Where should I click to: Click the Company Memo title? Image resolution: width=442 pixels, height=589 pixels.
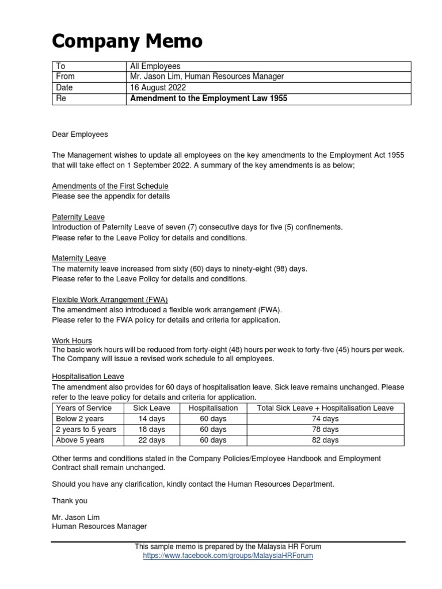pos(127,41)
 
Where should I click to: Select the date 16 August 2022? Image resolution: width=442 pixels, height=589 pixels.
pos(158,87)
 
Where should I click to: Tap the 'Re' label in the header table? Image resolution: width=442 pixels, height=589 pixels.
pos(60,99)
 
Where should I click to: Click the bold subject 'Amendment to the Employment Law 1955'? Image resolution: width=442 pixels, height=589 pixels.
pos(208,99)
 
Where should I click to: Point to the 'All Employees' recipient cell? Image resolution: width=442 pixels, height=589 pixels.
pos(155,67)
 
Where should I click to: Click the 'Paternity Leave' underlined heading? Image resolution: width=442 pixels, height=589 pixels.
pos(78,217)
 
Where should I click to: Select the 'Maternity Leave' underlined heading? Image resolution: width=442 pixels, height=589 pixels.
pos(79,258)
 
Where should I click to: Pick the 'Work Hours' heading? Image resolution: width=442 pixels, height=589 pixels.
pos(72,341)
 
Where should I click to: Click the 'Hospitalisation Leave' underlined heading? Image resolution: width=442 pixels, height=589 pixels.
pos(88,376)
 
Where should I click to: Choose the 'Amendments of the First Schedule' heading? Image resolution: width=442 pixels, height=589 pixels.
pos(110,186)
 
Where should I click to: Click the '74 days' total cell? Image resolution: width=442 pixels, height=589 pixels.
pos(326,419)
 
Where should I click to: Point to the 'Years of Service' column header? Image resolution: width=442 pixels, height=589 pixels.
pos(84,408)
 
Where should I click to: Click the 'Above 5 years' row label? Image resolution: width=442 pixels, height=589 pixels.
pos(80,441)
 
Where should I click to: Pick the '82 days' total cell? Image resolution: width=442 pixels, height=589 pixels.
pos(326,441)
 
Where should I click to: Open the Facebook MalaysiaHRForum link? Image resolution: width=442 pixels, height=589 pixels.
pos(228,556)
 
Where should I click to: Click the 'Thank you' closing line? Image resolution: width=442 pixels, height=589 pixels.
pos(70,501)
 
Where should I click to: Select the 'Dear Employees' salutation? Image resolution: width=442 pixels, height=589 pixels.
pos(80,135)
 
